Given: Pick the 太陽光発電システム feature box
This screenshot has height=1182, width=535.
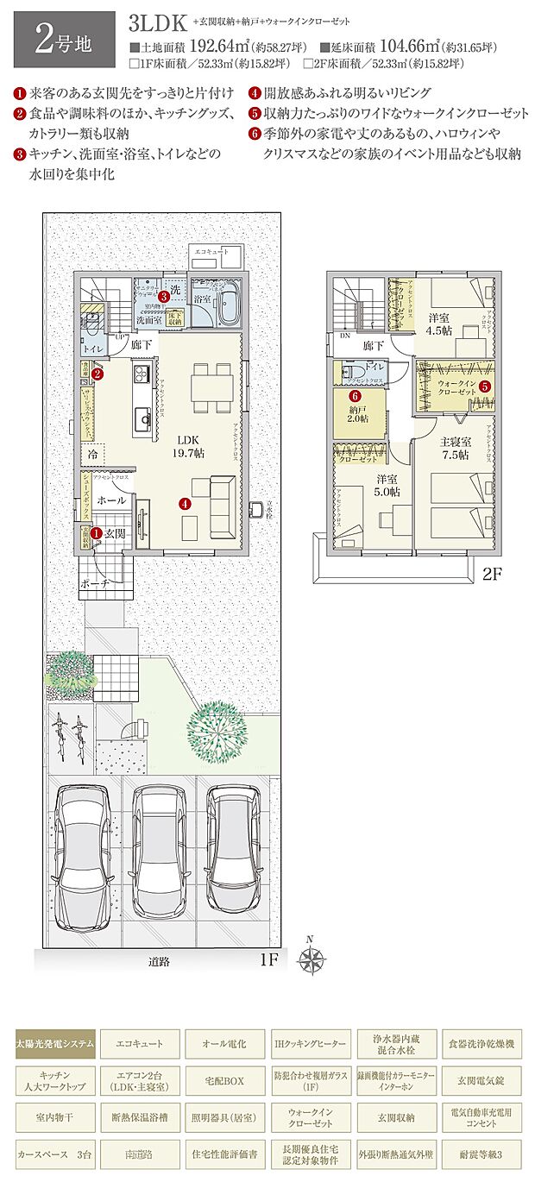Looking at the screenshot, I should [x=54, y=1044].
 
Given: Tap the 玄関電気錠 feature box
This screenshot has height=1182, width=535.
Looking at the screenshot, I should [x=481, y=1081].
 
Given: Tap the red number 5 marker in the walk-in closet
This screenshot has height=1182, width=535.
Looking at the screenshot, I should [x=485, y=387].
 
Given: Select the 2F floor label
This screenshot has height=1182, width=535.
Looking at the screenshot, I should [x=490, y=572].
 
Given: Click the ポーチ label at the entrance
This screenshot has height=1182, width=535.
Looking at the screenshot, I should [x=94, y=583].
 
